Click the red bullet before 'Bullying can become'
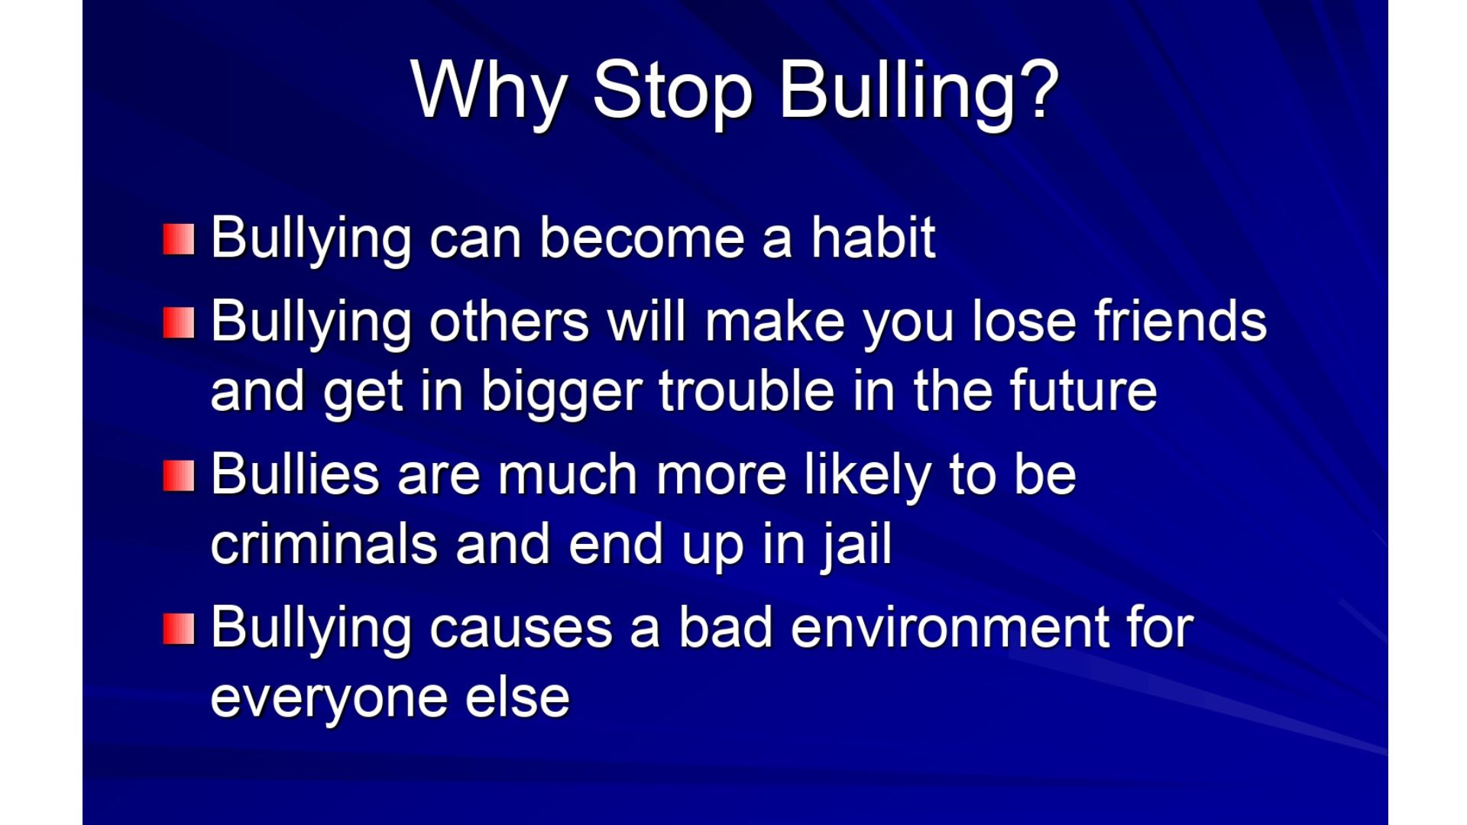[179, 239]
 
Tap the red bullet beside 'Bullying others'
[179, 322]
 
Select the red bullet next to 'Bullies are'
[179, 476]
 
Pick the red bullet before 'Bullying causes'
[179, 629]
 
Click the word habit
[873, 238]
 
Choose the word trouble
[747, 390]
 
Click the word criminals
[324, 544]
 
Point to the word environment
[949, 628]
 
